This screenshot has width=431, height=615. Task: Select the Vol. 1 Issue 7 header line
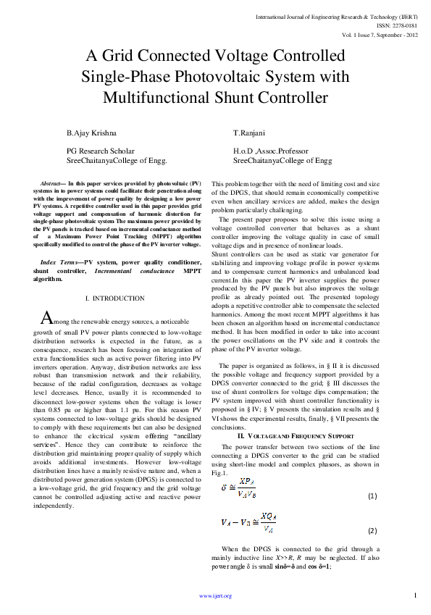[x=381, y=34]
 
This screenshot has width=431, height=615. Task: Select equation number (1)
[x=373, y=495]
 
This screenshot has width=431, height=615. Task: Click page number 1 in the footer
[x=416, y=595]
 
